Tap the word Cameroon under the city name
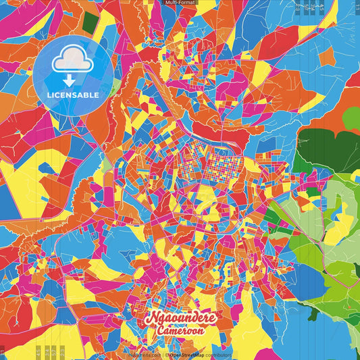(x=180, y=331)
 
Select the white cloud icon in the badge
(x=72, y=61)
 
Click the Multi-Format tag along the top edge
(x=180, y=3)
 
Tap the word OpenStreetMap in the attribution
(x=190, y=354)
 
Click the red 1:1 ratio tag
(x=3, y=352)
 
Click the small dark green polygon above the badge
(x=91, y=22)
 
